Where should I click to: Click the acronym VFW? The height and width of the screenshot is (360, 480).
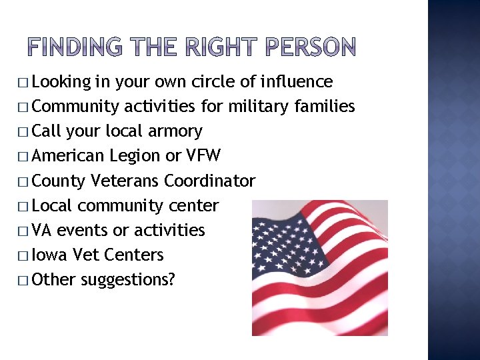pyautogui.click(x=203, y=155)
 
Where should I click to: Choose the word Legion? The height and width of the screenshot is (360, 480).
pyautogui.click(x=135, y=156)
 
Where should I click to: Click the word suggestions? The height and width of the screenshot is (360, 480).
pyautogui.click(x=128, y=280)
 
